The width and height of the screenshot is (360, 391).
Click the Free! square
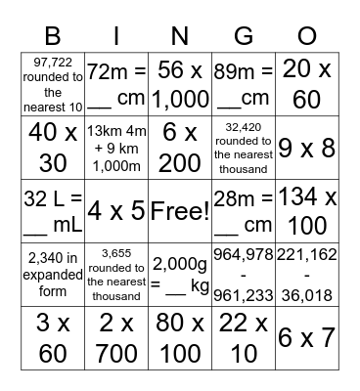click(179, 210)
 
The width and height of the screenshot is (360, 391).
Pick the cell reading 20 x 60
click(306, 83)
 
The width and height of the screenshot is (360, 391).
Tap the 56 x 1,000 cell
click(179, 83)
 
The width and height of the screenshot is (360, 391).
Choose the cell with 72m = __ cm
click(115, 83)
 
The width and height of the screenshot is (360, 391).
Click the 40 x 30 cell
click(52, 147)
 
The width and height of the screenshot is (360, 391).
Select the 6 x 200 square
click(179, 147)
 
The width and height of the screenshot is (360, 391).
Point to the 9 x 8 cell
click(306, 147)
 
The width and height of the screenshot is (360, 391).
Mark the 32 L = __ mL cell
click(52, 210)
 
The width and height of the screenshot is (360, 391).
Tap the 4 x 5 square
click(115, 210)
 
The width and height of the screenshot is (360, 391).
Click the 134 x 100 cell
click(306, 210)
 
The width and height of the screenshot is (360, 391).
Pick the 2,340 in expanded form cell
click(52, 274)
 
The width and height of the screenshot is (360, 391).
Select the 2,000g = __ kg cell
click(179, 274)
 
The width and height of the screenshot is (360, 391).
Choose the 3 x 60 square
click(52, 337)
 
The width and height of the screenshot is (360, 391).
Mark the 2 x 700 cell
click(115, 337)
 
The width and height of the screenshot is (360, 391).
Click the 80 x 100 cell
click(179, 337)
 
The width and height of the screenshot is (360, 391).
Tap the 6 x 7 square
click(306, 337)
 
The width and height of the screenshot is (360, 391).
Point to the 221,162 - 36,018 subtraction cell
click(306, 274)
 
